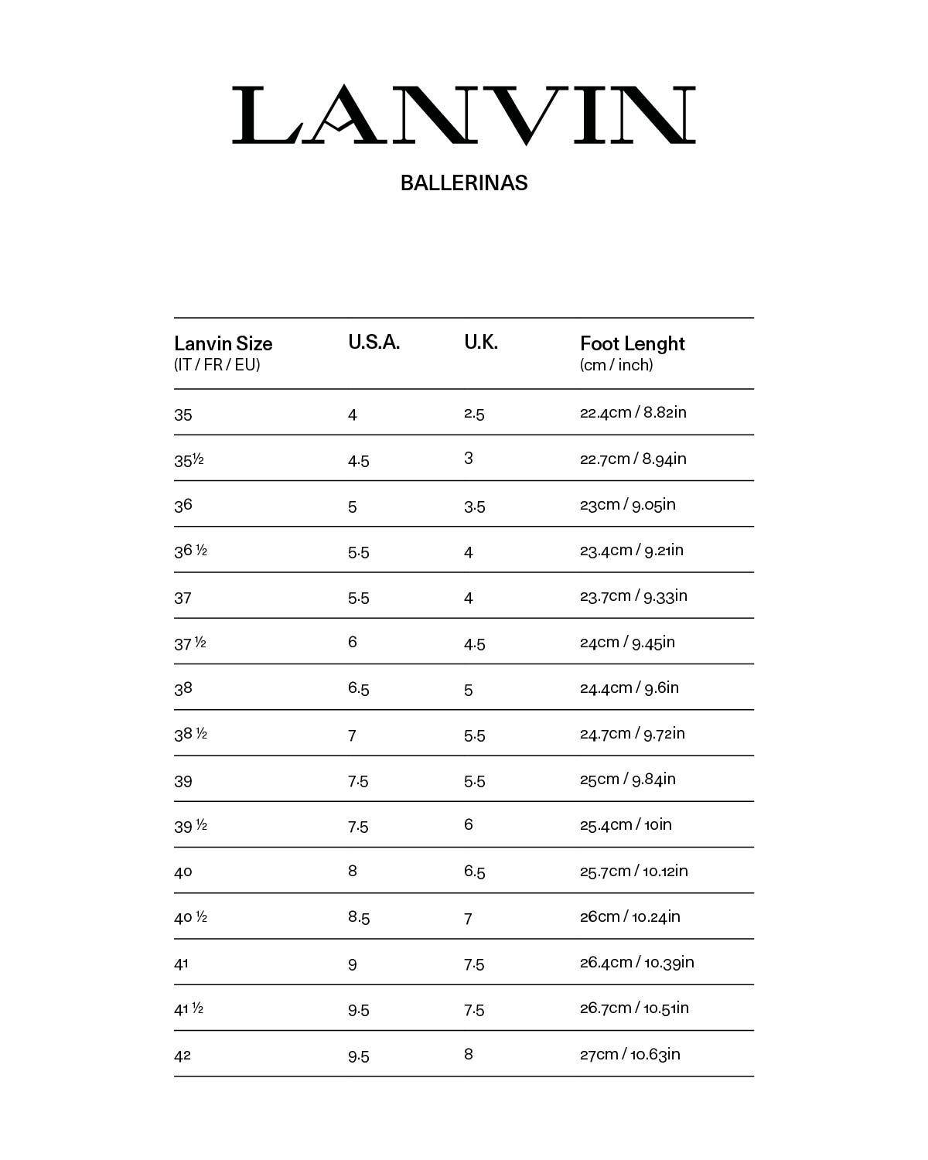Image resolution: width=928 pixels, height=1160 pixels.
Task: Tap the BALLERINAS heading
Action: [x=464, y=183]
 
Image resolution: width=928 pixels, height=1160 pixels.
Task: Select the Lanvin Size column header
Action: [x=223, y=343]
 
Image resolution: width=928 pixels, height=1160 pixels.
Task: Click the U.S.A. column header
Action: [x=374, y=343]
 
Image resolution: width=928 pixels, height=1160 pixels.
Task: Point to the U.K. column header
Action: [x=481, y=343]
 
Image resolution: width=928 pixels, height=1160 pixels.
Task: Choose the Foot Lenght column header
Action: [x=633, y=343]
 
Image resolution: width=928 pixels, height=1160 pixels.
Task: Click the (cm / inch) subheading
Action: [x=616, y=365]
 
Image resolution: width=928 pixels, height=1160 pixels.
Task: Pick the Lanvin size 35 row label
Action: [x=183, y=415]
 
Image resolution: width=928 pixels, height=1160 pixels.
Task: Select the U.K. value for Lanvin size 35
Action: [x=474, y=414]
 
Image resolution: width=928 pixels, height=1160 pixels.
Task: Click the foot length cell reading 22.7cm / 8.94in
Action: [x=633, y=459]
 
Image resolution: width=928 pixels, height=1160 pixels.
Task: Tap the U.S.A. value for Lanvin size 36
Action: [x=353, y=507]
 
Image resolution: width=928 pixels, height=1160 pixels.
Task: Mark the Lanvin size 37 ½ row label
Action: [x=190, y=643]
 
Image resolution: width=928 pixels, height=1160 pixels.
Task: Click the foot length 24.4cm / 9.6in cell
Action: [x=629, y=687]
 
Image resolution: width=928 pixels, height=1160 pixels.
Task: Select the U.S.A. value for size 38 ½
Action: [x=352, y=735]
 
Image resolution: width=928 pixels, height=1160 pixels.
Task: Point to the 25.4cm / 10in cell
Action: [x=626, y=824]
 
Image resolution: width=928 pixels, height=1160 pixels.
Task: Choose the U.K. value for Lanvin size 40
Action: [x=475, y=872]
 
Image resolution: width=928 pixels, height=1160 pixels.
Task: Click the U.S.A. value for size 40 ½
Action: [x=359, y=917]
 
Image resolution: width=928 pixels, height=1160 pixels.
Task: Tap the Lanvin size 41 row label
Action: [x=182, y=964]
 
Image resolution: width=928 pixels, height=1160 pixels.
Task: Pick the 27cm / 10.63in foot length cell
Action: [x=630, y=1054]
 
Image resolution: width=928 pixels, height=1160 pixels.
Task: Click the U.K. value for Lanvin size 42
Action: [x=469, y=1054]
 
